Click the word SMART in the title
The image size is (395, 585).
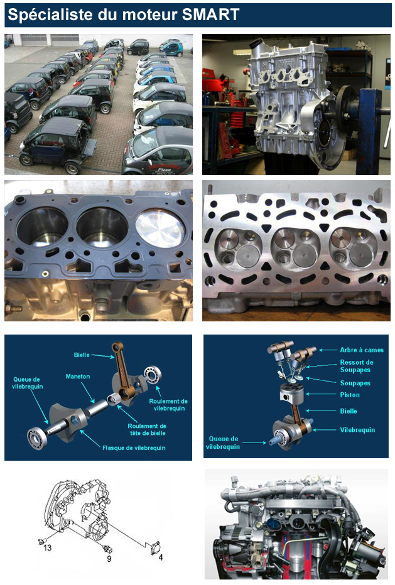[x=210, y=14]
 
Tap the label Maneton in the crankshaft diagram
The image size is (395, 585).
[x=78, y=377]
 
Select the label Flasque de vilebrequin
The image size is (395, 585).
[x=134, y=448]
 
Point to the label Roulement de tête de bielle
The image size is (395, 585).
[x=147, y=429]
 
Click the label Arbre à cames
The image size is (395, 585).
[x=361, y=350]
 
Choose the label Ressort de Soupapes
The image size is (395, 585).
[x=356, y=366]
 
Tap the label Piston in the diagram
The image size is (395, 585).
[x=350, y=395]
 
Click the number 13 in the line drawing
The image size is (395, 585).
[x=47, y=548]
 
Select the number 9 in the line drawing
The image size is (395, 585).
[x=109, y=559]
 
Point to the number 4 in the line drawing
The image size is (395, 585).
[x=161, y=557]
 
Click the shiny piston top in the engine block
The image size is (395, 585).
[x=160, y=228]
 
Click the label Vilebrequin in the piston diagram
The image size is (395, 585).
[x=357, y=430]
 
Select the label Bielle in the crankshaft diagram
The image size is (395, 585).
[x=82, y=355]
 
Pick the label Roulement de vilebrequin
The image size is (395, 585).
[x=168, y=405]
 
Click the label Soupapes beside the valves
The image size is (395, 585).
[x=355, y=383]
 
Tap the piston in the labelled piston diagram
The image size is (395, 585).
[x=291, y=394]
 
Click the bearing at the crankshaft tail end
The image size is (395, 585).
[x=37, y=437]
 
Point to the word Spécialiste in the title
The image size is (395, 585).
[x=50, y=15]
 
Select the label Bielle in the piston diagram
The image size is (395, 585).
[x=349, y=411]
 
